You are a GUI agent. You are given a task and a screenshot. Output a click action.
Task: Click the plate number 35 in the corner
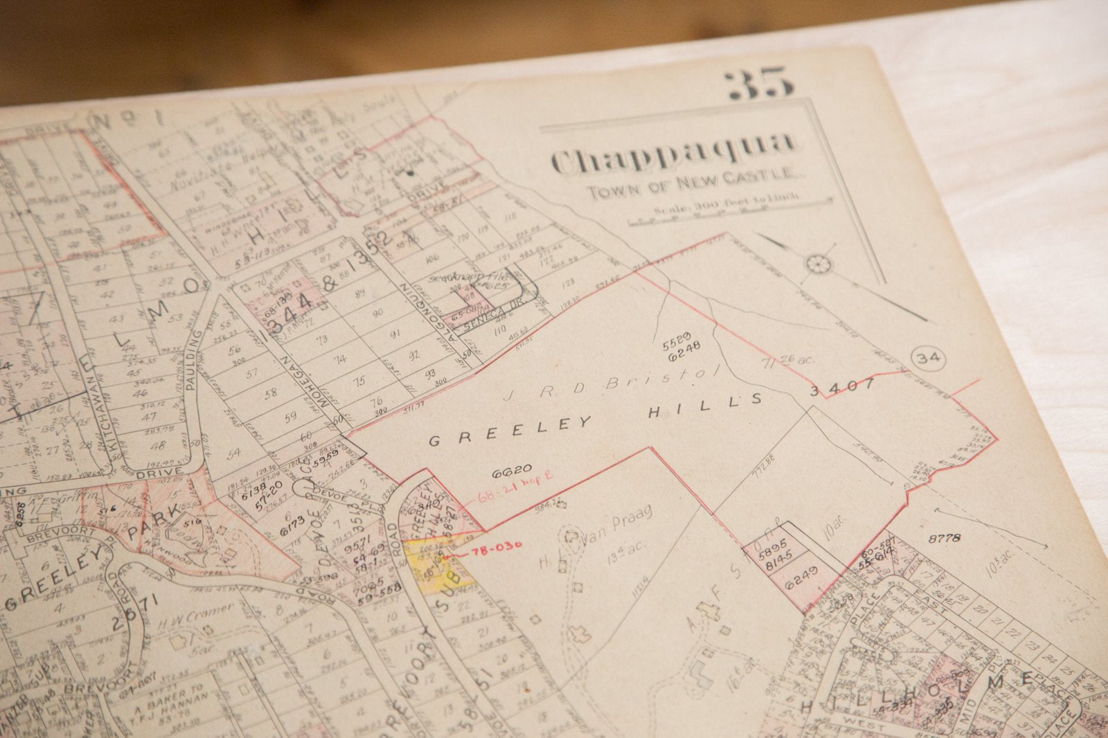coord(759,84)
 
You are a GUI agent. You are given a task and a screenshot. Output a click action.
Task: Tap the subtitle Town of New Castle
coord(692,183)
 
